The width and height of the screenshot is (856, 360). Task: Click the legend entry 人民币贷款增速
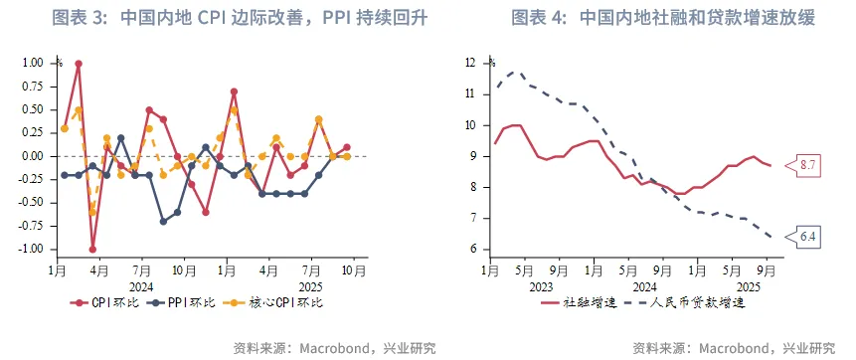691,302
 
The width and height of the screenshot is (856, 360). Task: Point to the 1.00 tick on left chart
32,63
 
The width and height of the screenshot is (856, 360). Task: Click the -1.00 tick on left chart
30,250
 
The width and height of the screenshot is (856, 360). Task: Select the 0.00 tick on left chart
32,156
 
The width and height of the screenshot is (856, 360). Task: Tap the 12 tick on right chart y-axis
471,63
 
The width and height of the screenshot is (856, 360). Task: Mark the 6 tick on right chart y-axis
474,250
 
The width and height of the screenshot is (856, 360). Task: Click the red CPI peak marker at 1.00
79,64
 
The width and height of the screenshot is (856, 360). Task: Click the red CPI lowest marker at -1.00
92,250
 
